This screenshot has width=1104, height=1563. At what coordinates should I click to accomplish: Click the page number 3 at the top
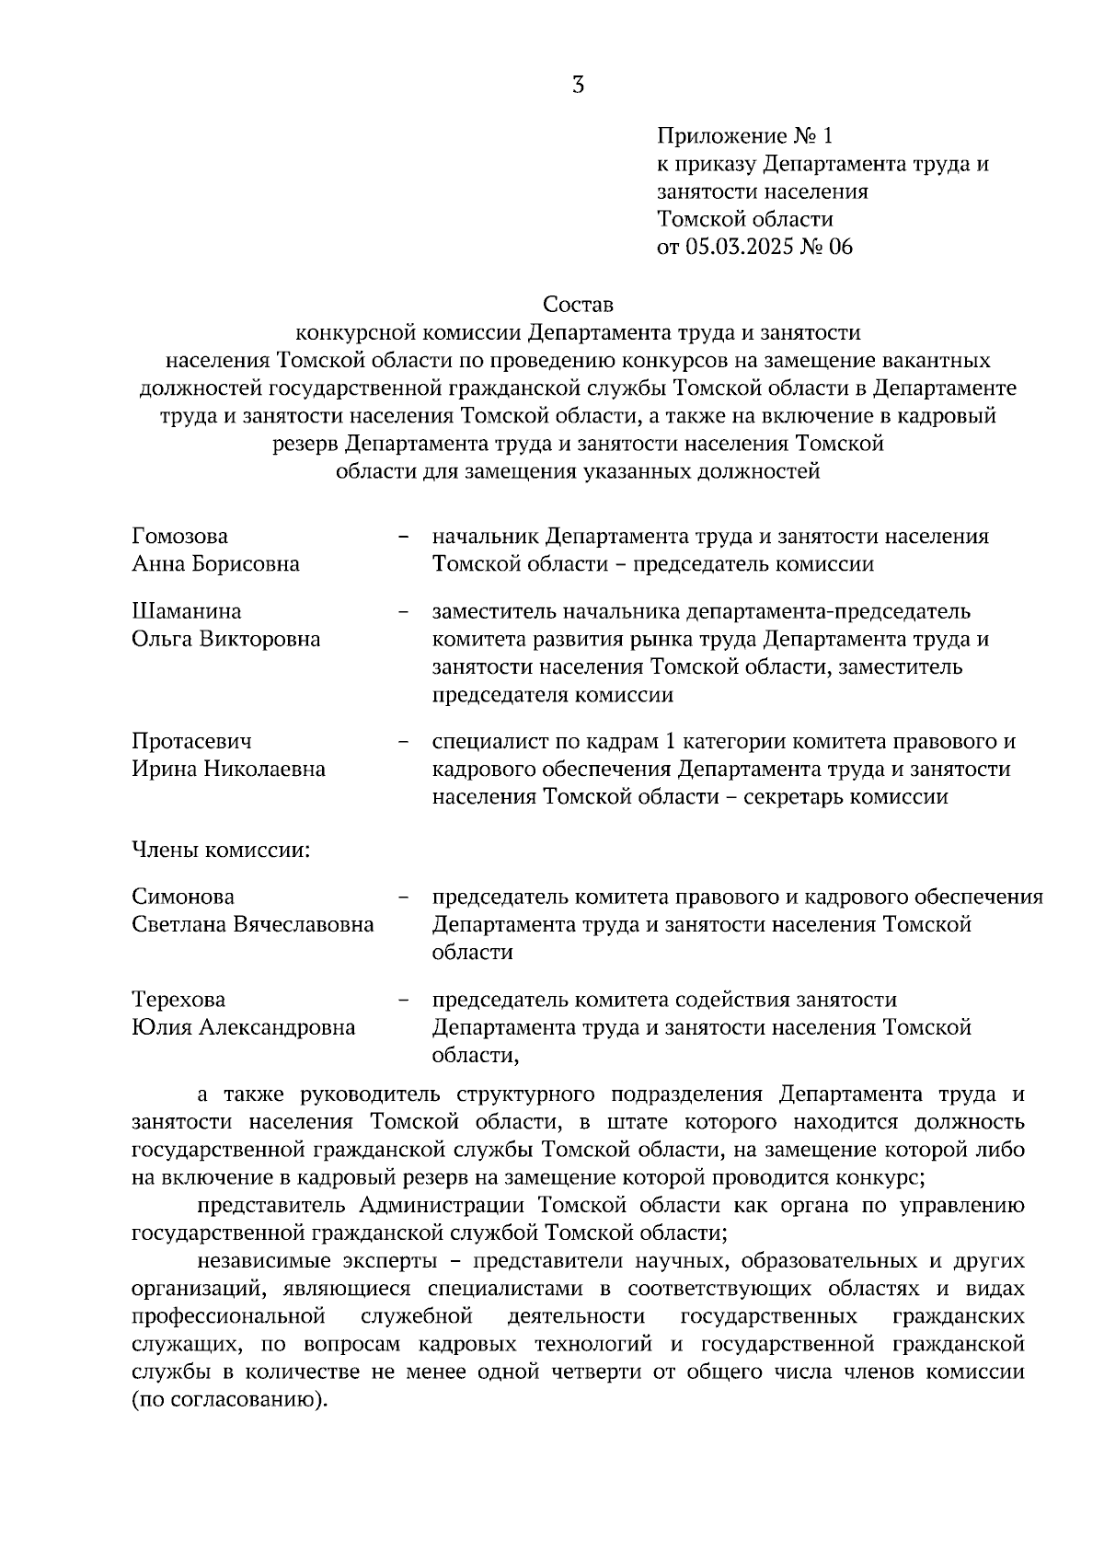coord(578,87)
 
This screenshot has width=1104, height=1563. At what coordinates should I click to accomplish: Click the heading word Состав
coord(578,304)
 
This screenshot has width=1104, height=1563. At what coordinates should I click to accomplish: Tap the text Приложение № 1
coord(744,136)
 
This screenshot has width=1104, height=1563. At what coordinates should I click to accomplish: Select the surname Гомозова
coord(180,536)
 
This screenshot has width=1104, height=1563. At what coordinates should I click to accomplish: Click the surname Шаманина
coord(187,611)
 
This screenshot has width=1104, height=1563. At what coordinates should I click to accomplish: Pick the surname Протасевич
coord(191,741)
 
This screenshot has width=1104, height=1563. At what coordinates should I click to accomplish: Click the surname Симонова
coord(183,897)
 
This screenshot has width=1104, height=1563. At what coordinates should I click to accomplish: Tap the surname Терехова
coord(178,1000)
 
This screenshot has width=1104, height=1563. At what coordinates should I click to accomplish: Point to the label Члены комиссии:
coord(221,850)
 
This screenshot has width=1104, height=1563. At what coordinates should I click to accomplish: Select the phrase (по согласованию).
coord(229,1401)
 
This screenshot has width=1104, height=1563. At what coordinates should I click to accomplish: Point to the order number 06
coord(841,247)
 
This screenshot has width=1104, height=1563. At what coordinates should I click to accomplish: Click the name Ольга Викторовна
coord(226,639)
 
